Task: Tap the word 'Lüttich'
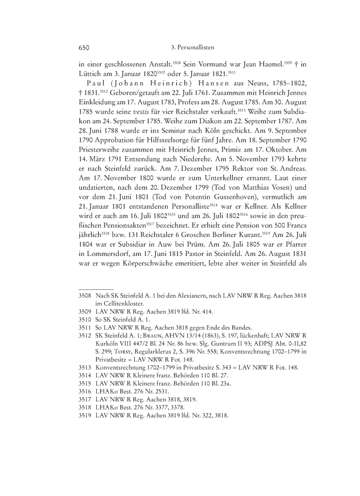91,77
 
